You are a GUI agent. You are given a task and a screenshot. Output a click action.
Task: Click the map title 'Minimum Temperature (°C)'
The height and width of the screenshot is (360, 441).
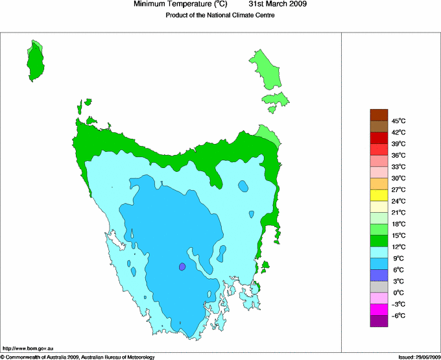(x=182, y=5)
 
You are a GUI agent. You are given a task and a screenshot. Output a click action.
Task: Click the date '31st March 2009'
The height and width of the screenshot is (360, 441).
(x=278, y=5)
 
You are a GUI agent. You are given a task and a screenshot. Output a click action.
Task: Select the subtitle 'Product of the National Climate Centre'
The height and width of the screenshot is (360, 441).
(x=220, y=16)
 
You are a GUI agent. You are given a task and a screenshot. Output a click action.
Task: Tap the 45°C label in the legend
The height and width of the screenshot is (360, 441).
(x=399, y=121)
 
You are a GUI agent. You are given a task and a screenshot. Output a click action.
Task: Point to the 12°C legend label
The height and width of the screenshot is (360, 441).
(x=399, y=246)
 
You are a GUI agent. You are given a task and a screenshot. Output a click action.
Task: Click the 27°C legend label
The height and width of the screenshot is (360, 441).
(x=399, y=189)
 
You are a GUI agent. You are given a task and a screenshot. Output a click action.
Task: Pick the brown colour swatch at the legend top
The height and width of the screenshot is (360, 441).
(x=379, y=115)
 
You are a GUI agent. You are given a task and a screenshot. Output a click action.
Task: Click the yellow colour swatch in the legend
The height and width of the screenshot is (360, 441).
(x=379, y=195)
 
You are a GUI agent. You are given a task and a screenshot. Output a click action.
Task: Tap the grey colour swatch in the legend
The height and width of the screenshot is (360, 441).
(x=379, y=287)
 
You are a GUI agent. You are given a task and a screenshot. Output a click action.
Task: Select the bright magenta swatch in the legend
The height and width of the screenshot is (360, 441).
(x=379, y=309)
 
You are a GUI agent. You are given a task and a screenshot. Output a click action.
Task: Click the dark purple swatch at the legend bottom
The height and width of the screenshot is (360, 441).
(x=379, y=320)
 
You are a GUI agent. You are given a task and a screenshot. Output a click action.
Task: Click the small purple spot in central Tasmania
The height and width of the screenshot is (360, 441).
(x=182, y=267)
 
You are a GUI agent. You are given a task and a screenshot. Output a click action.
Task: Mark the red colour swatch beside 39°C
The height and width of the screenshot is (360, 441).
(x=379, y=138)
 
